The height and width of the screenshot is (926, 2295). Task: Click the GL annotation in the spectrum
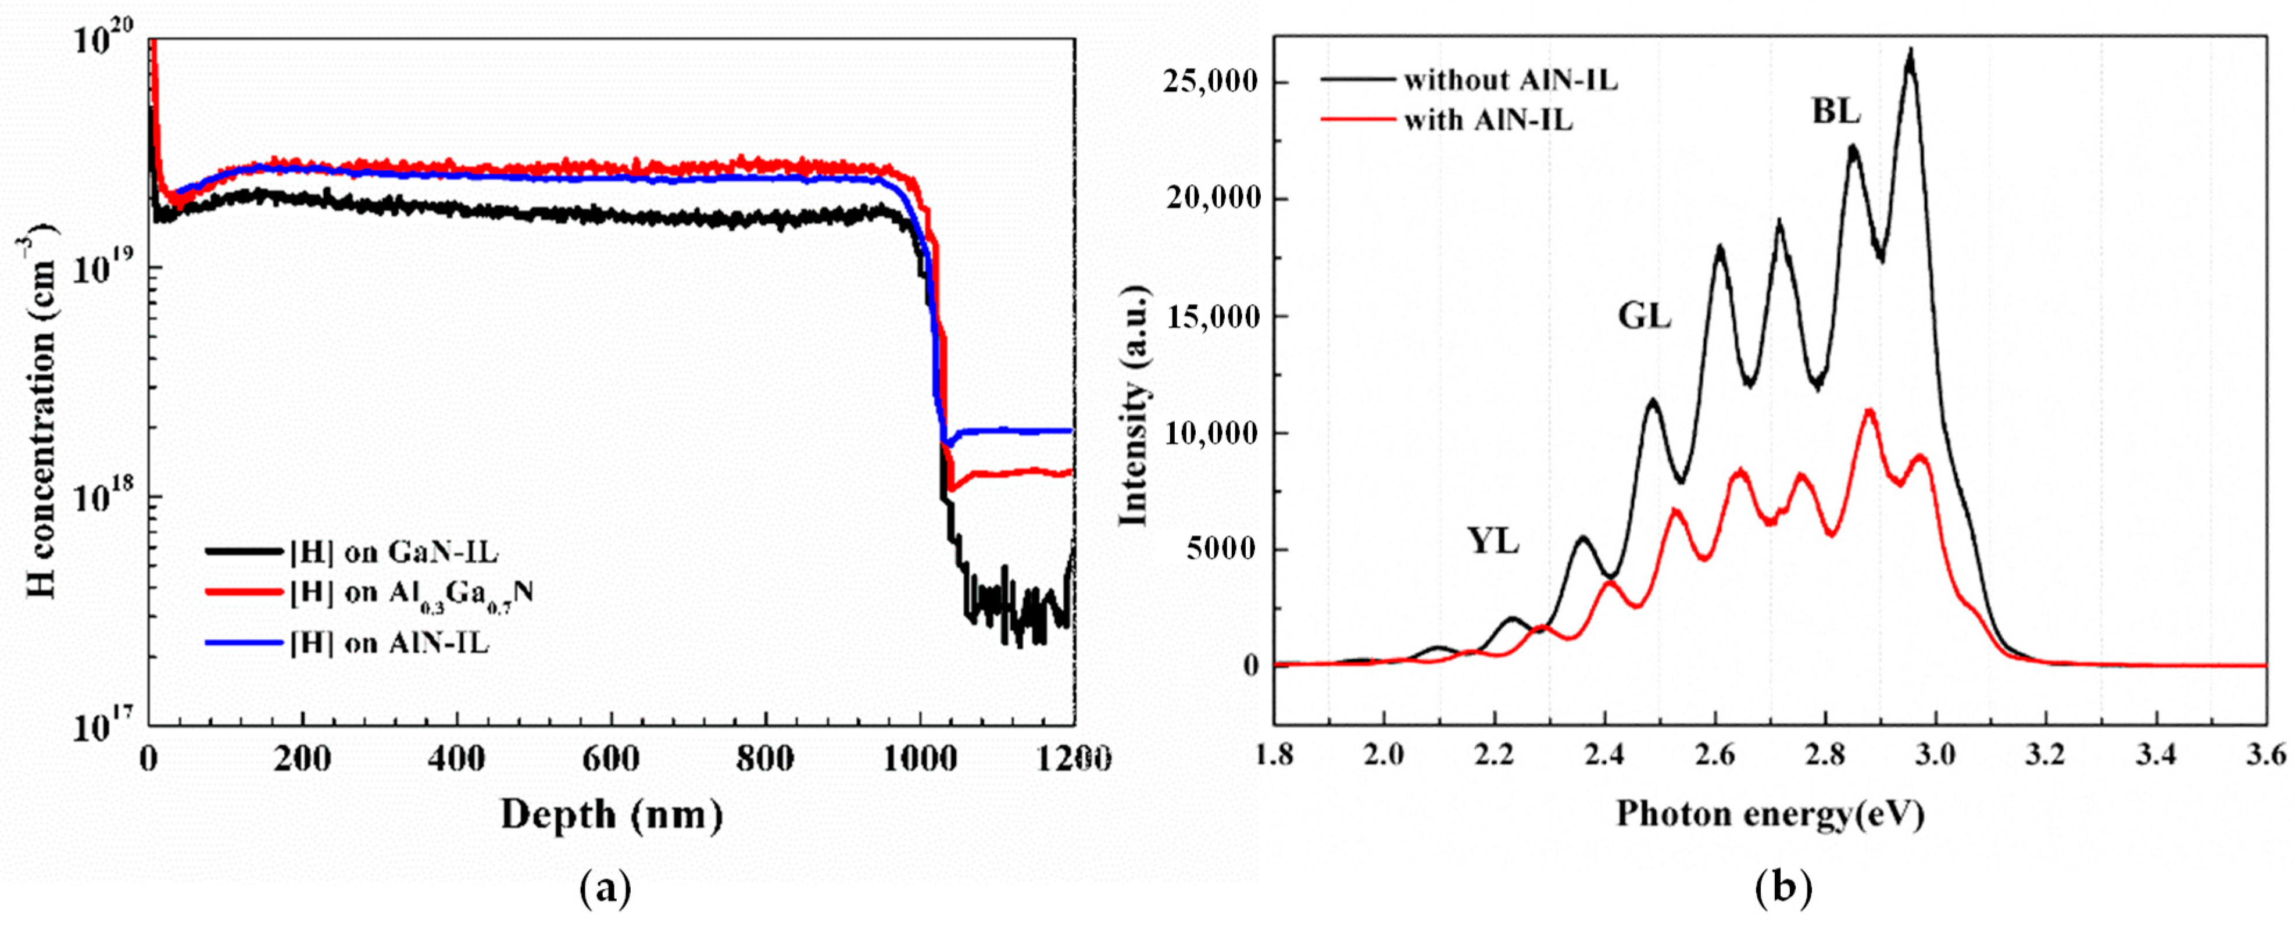(1644, 316)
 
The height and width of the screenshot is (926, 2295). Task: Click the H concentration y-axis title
(41, 410)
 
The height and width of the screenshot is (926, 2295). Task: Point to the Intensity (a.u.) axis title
(1132, 406)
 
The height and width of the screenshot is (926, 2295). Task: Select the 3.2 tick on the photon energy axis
(2046, 755)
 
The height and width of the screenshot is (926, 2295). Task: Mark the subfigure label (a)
(605, 889)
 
